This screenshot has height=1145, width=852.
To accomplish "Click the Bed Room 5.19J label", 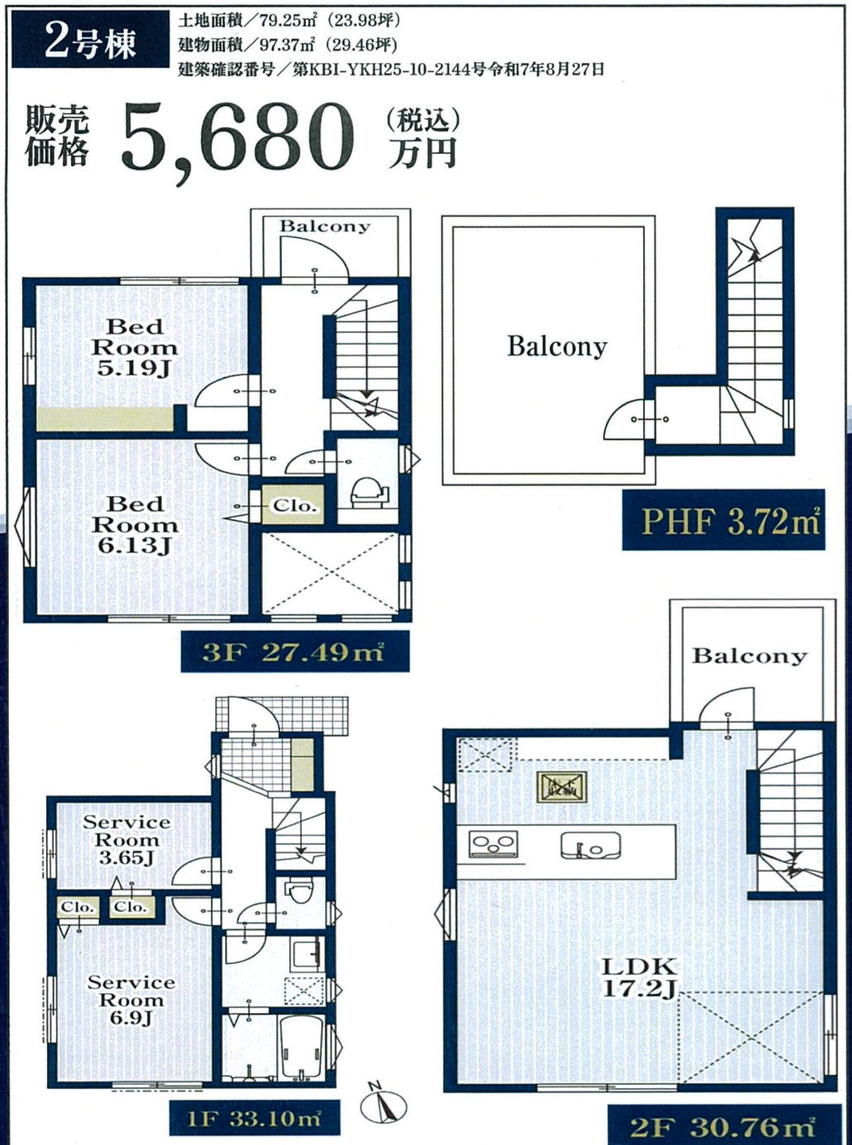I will coord(135,347).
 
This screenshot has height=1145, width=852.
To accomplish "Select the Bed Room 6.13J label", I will coord(135,525).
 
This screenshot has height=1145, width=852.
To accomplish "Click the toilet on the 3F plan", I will coord(367,493).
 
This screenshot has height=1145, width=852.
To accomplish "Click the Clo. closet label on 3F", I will coord(293,506).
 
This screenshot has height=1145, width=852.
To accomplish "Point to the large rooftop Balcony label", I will coord(557,346).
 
